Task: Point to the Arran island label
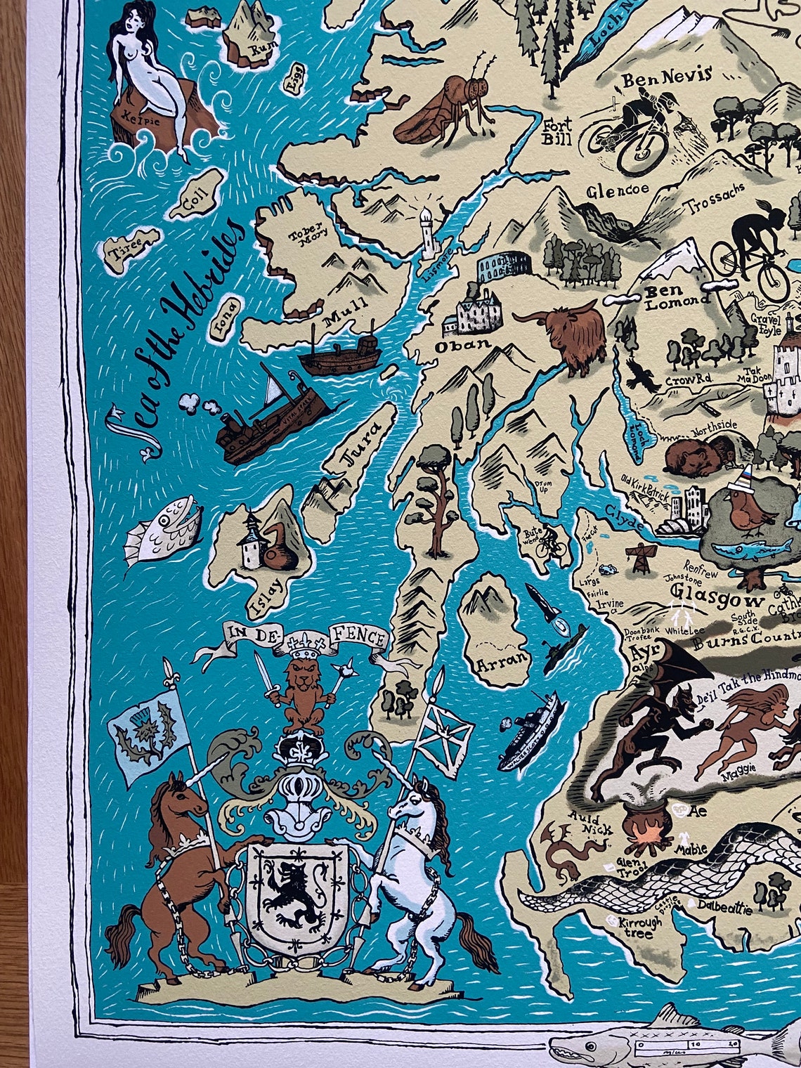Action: point(501,660)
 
